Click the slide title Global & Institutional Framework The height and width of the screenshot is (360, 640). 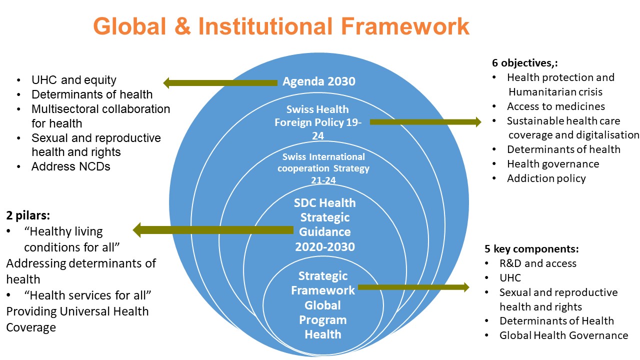point(281,26)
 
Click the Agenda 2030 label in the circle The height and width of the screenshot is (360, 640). point(318,81)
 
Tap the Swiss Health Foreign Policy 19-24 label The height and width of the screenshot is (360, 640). point(318,122)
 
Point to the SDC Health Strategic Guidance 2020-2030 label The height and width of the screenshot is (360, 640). point(325,224)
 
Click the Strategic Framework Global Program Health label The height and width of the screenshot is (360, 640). point(323,304)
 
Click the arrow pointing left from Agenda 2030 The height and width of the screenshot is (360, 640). point(220,82)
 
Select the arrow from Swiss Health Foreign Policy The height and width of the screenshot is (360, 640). point(425,121)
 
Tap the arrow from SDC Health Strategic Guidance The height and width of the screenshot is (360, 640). point(213,230)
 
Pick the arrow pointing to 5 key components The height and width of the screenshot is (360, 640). point(413,287)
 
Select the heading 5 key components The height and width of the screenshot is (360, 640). point(531,249)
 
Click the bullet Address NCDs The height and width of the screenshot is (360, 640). point(70,166)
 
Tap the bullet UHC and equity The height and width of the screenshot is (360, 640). point(73,80)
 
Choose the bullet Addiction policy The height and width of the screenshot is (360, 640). point(546,178)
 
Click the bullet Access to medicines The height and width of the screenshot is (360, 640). point(555,106)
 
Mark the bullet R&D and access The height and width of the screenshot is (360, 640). point(537,263)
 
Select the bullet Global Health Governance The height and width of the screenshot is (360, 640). point(563,335)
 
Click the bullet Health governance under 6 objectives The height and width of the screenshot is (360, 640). point(552,164)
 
